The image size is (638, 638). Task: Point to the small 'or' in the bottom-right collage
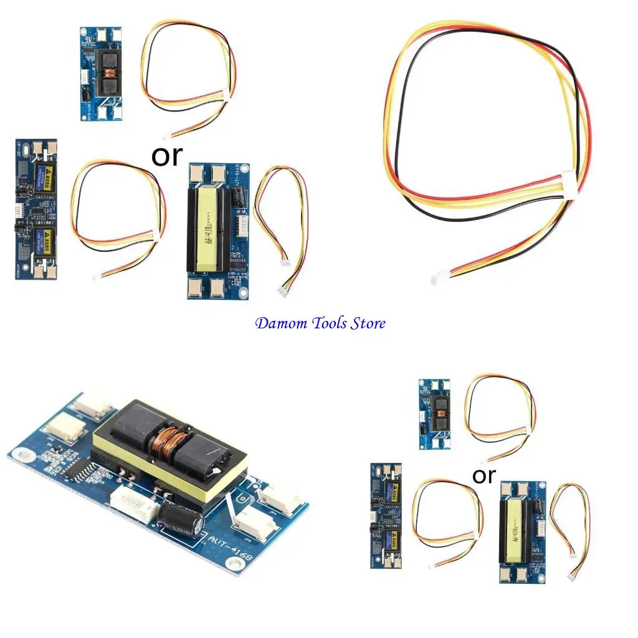coord(483,475)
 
